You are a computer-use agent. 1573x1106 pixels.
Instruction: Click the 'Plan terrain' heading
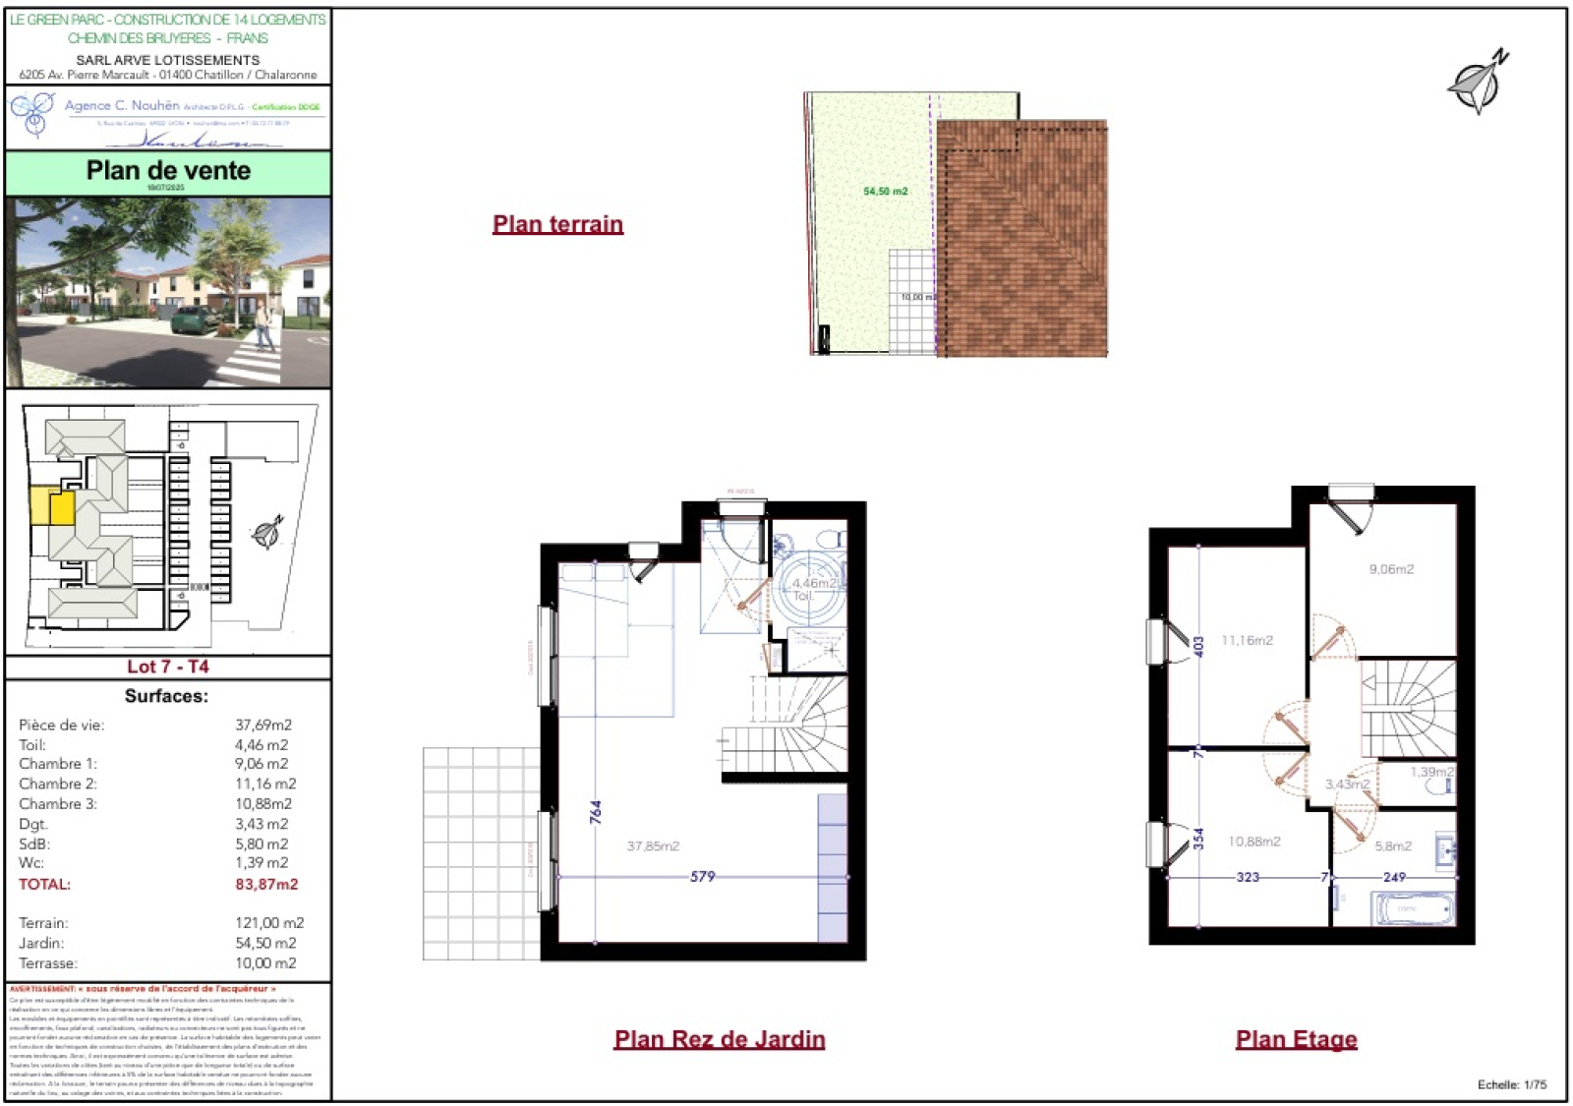pos(557,224)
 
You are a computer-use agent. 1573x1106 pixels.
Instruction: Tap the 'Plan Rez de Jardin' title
pos(719,1039)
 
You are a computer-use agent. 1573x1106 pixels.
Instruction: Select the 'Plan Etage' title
pos(1296,1039)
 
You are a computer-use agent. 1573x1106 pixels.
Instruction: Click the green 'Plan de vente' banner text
pos(168,171)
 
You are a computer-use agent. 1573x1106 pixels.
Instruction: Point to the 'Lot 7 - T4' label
pos(168,667)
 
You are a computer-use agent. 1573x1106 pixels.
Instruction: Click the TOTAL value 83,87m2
pos(266,884)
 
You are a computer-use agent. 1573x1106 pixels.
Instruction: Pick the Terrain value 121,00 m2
pos(269,923)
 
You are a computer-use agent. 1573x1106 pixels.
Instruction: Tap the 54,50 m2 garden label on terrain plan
pos(885,192)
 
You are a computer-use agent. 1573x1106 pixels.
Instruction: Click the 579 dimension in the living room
pos(702,876)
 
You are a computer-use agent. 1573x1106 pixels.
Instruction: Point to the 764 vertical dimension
pos(595,811)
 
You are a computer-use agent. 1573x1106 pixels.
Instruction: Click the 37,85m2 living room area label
pos(653,845)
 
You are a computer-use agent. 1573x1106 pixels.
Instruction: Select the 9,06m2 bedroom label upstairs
pos(1391,569)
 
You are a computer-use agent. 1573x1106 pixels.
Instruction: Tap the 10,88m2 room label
pos(1254,842)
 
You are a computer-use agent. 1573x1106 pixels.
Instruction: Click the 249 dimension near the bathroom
pos(1394,877)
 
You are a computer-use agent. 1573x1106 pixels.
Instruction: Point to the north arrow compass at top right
pos(1478,83)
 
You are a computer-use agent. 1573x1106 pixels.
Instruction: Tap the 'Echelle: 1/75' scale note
pos(1511,1084)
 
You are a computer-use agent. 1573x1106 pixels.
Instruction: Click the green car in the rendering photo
pos(194,319)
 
